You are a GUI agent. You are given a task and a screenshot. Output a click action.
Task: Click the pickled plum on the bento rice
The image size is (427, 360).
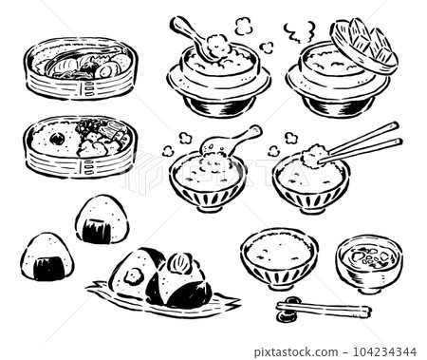pyautogui.click(x=57, y=138)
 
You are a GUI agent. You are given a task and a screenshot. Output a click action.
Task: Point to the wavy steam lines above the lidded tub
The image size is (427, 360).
pyautogui.click(x=302, y=34)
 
